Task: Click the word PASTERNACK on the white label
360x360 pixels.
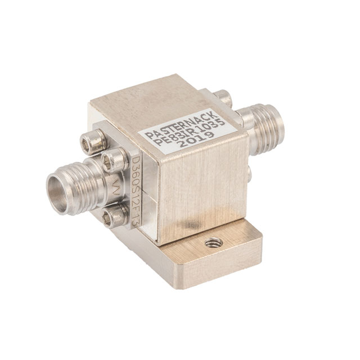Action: click(181, 125)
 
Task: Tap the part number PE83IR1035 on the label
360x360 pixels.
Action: click(190, 133)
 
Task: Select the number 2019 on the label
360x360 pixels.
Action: click(196, 140)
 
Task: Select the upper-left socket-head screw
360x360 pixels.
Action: click(93, 142)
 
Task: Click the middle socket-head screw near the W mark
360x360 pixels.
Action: click(114, 160)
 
